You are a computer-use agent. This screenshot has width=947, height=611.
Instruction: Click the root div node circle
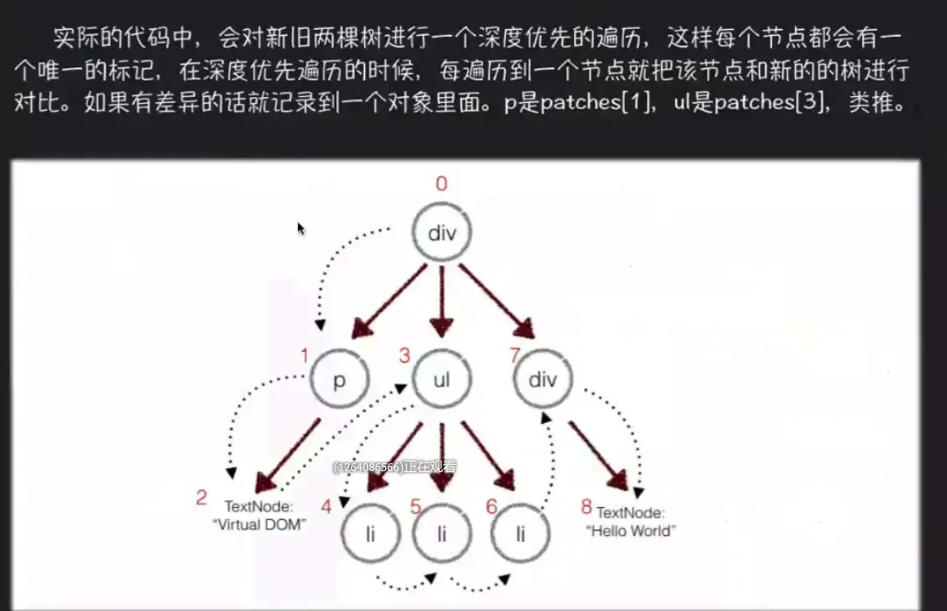[442, 233]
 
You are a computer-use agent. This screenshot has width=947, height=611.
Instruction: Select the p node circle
[340, 380]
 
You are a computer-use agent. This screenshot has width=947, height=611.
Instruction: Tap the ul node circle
[442, 379]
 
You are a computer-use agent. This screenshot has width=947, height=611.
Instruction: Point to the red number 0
[441, 184]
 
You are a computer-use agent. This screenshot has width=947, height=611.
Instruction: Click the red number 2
[202, 498]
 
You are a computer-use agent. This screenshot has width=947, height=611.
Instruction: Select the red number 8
[586, 507]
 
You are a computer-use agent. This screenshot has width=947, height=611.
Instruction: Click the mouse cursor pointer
[301, 229]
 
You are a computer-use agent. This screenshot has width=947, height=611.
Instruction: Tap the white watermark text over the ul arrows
[394, 468]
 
